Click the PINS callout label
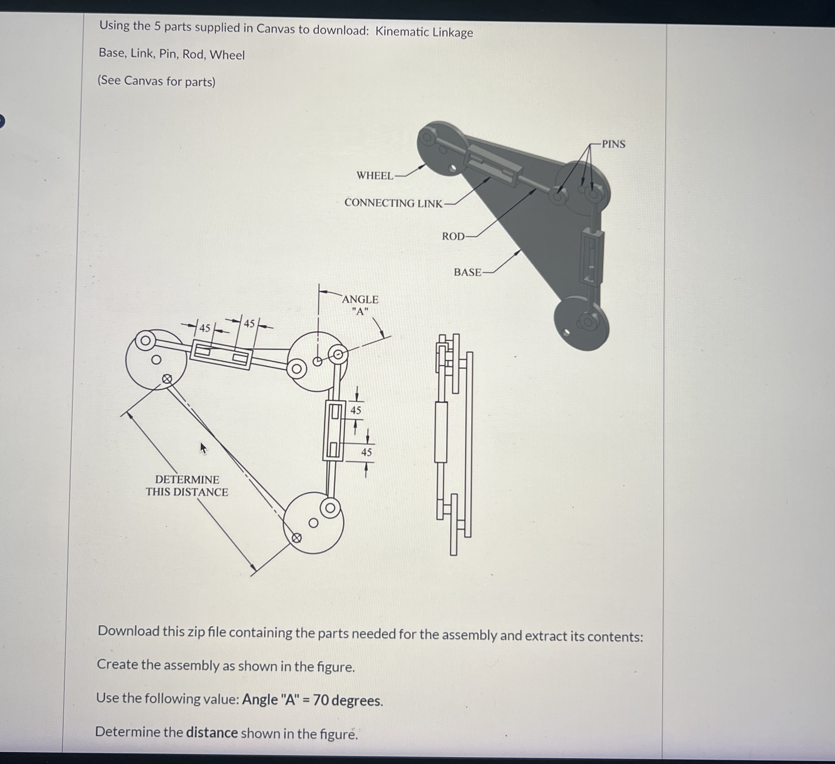[x=613, y=144]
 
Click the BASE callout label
[x=467, y=272]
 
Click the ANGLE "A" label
[x=360, y=305]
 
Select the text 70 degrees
[x=348, y=700]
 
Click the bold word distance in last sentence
[x=212, y=733]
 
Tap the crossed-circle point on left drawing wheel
[x=166, y=379]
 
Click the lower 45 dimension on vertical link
[x=366, y=452]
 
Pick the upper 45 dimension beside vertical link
[x=356, y=410]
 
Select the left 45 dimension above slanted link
[x=205, y=328]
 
